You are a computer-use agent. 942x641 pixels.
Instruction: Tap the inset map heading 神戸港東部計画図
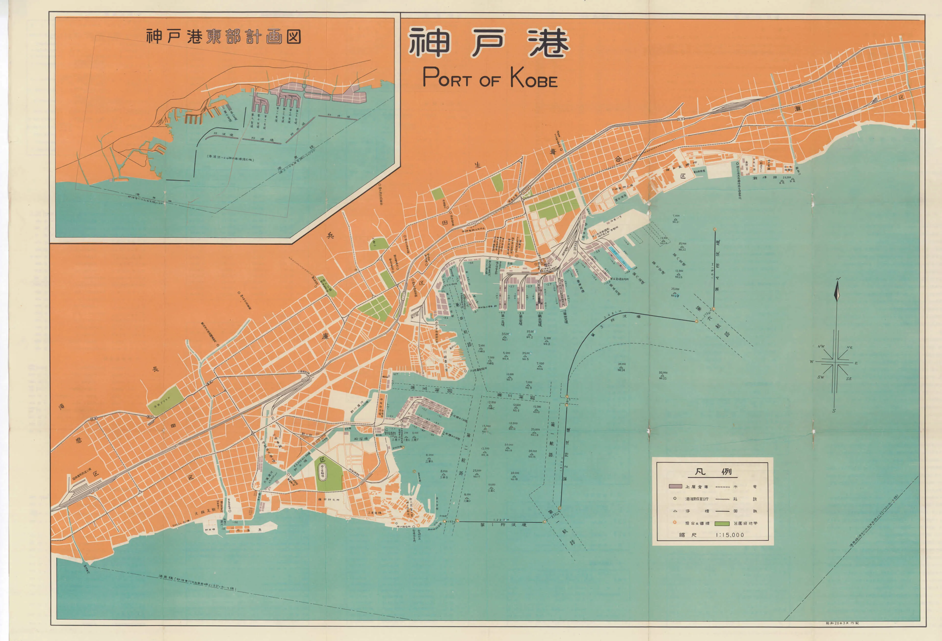(223, 37)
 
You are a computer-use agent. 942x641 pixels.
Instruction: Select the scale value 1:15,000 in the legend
(730, 535)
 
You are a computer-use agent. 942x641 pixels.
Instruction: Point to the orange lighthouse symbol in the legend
(674, 523)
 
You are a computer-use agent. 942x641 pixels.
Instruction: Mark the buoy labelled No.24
(621, 367)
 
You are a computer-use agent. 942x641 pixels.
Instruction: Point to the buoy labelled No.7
(510, 377)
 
